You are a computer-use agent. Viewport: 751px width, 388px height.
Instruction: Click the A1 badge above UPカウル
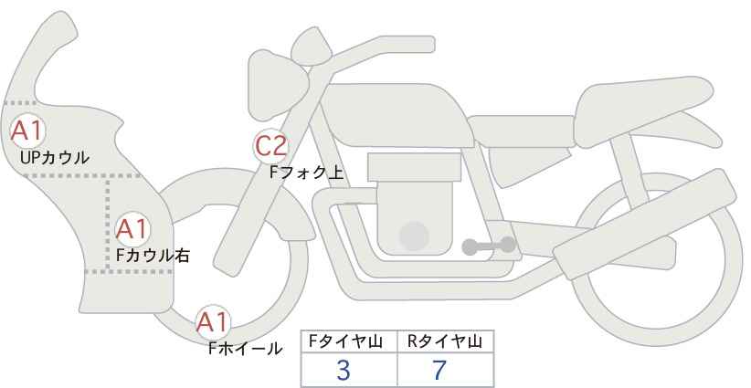(x=27, y=131)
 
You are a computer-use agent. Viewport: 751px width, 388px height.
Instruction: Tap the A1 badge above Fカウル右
(x=132, y=230)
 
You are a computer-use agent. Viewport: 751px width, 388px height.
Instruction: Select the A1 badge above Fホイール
(x=214, y=323)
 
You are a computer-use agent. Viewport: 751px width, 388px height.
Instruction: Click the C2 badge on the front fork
(x=271, y=146)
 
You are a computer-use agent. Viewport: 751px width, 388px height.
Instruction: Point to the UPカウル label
(x=55, y=157)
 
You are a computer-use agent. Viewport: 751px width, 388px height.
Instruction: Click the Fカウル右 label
(x=153, y=255)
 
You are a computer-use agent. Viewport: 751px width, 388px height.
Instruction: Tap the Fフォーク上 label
(x=307, y=172)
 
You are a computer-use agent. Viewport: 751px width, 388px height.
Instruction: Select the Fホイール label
(x=245, y=349)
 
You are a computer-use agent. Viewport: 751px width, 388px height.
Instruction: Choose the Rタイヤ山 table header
(x=445, y=341)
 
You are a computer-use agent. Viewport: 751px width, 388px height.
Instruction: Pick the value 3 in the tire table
(x=344, y=370)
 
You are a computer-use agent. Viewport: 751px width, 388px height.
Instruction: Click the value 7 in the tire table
(x=439, y=370)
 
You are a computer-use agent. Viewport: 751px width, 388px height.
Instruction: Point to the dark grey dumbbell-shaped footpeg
(x=489, y=246)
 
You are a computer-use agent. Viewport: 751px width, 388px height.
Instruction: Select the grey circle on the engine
(x=414, y=236)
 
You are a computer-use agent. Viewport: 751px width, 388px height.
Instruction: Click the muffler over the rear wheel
(x=644, y=224)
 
